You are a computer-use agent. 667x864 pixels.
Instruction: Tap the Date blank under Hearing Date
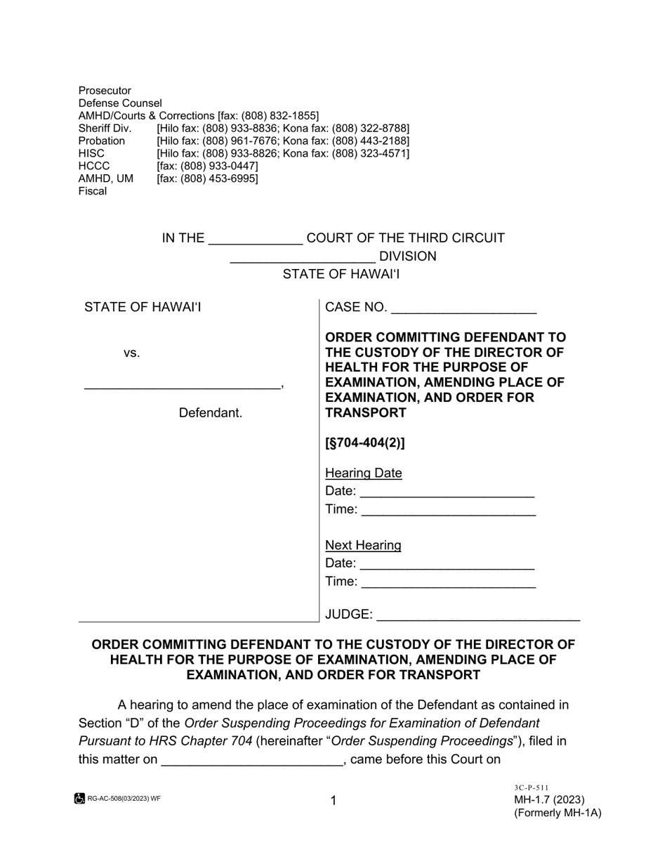447,491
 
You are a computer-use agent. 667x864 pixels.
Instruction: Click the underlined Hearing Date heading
364,473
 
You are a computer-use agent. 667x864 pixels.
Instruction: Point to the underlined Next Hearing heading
363,545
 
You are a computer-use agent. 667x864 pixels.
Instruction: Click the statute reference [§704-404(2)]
365,443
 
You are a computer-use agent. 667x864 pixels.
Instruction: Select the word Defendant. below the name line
211,413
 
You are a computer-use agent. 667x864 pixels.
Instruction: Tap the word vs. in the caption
132,353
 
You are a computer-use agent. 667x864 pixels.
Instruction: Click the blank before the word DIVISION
303,256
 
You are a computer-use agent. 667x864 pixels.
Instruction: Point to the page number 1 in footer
333,800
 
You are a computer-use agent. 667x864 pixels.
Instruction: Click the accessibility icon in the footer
80,799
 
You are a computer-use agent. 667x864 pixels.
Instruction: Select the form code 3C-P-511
531,788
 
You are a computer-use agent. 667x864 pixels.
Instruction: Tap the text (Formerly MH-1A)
557,813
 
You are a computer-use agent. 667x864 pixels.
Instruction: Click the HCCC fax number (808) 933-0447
207,166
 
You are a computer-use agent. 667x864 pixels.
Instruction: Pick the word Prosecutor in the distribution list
105,91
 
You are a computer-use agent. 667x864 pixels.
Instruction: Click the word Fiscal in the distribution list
93,191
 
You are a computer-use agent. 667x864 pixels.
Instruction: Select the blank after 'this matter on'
251,759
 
